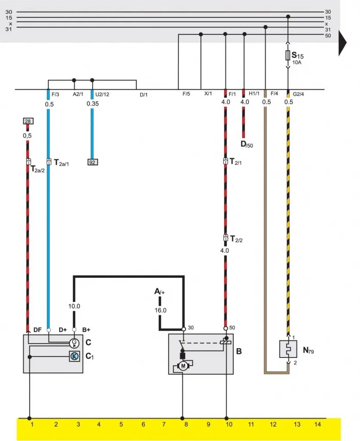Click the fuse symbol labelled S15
click(x=288, y=55)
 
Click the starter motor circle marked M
click(x=183, y=366)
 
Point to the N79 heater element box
click(x=288, y=348)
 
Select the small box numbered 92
click(x=92, y=162)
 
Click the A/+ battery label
click(x=160, y=292)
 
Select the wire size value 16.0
click(x=160, y=310)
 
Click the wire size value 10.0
click(x=74, y=307)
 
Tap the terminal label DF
click(x=38, y=329)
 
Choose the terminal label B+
click(x=86, y=329)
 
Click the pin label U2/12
click(x=102, y=94)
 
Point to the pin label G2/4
click(x=298, y=94)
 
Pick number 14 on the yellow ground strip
click(x=318, y=425)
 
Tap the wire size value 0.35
click(x=92, y=103)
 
